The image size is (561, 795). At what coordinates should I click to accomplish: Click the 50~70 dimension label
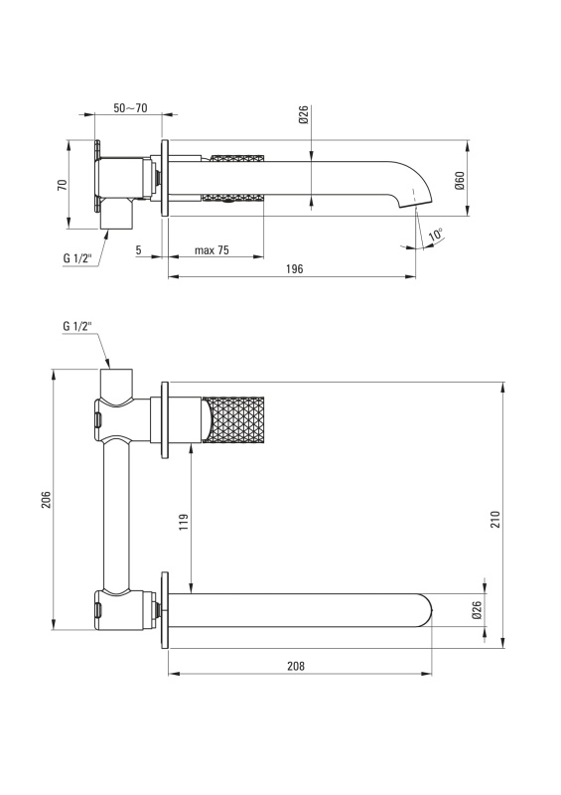coord(130,108)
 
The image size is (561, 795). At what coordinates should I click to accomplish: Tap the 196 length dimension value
coord(295,268)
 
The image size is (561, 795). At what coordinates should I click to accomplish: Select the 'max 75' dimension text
coord(211,250)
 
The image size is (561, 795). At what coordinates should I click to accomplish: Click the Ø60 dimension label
coord(460,181)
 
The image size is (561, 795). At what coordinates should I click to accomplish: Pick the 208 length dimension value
coord(296,666)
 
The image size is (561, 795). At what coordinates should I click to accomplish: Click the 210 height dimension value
coord(495,519)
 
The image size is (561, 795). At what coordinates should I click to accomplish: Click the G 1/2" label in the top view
coord(77,258)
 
